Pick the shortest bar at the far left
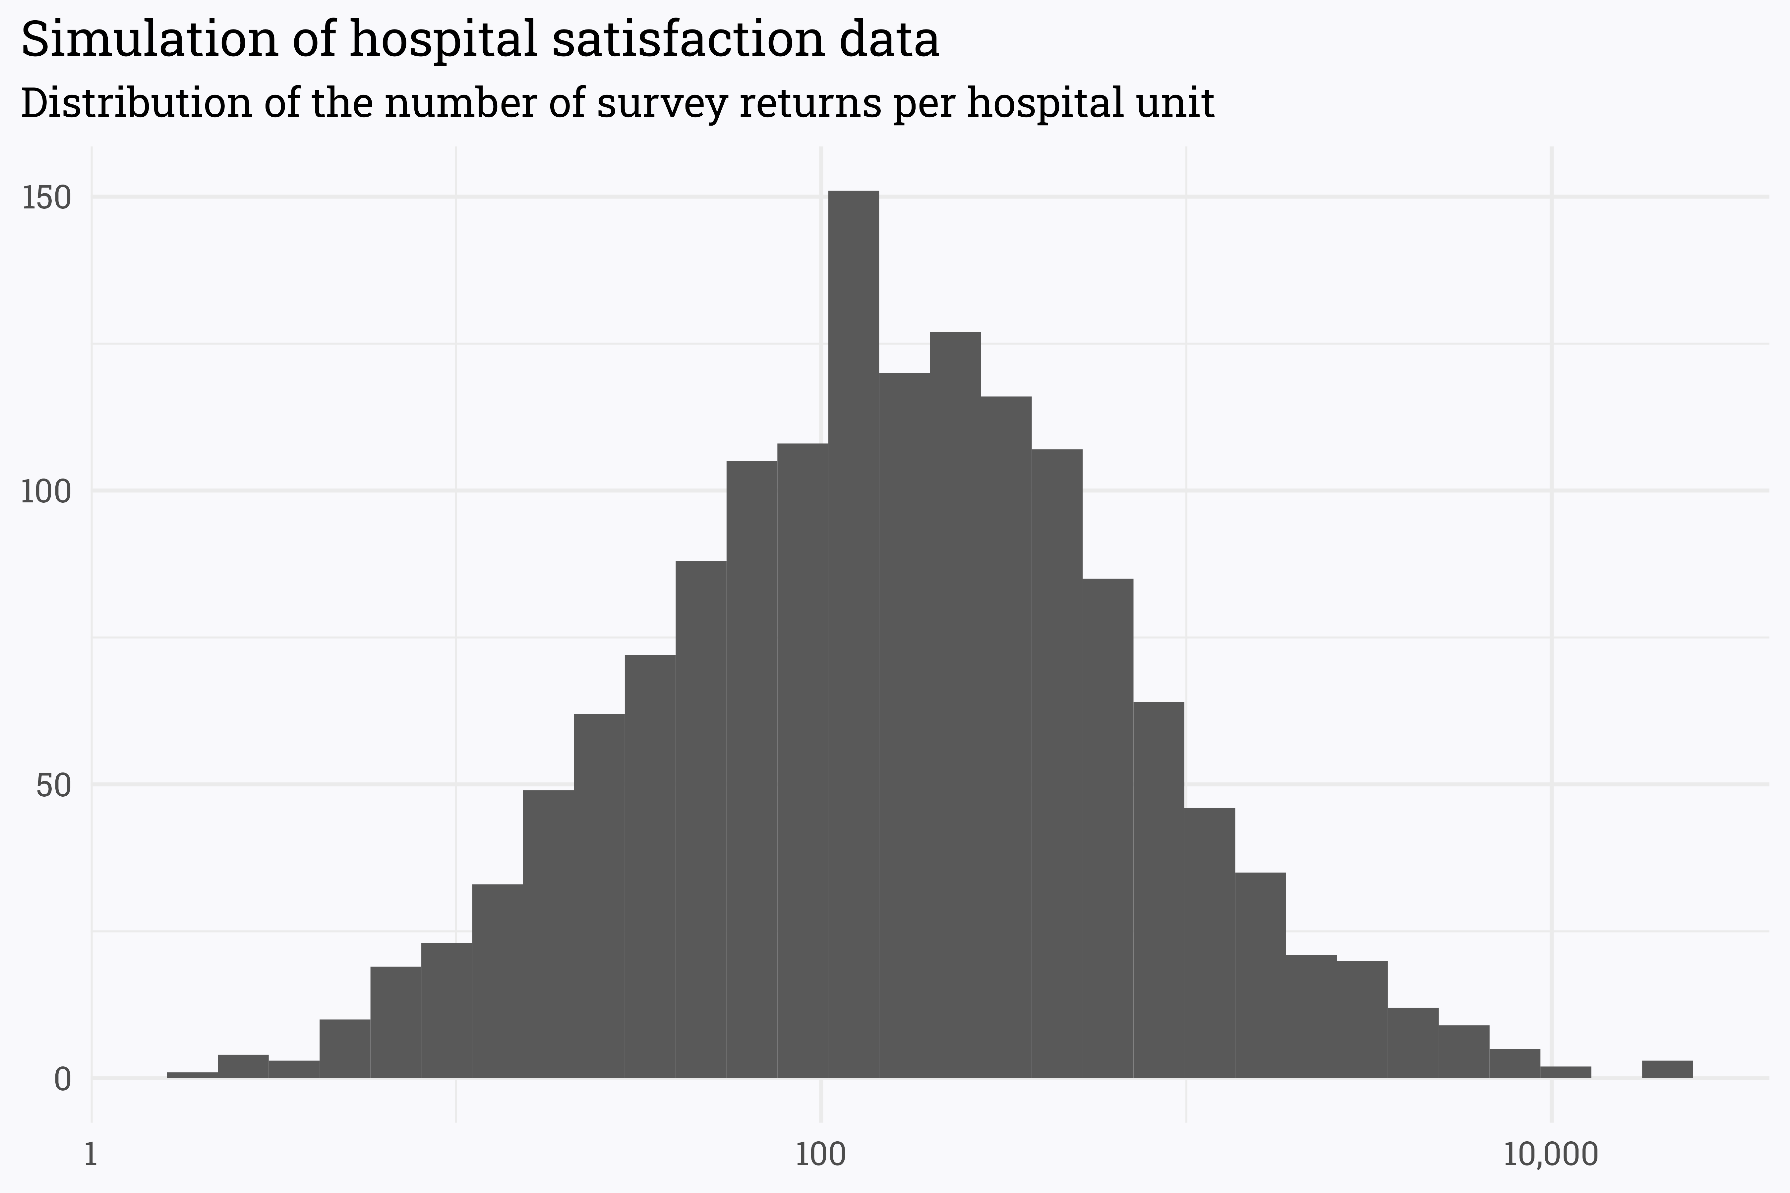193,1074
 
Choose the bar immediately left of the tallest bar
802,761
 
